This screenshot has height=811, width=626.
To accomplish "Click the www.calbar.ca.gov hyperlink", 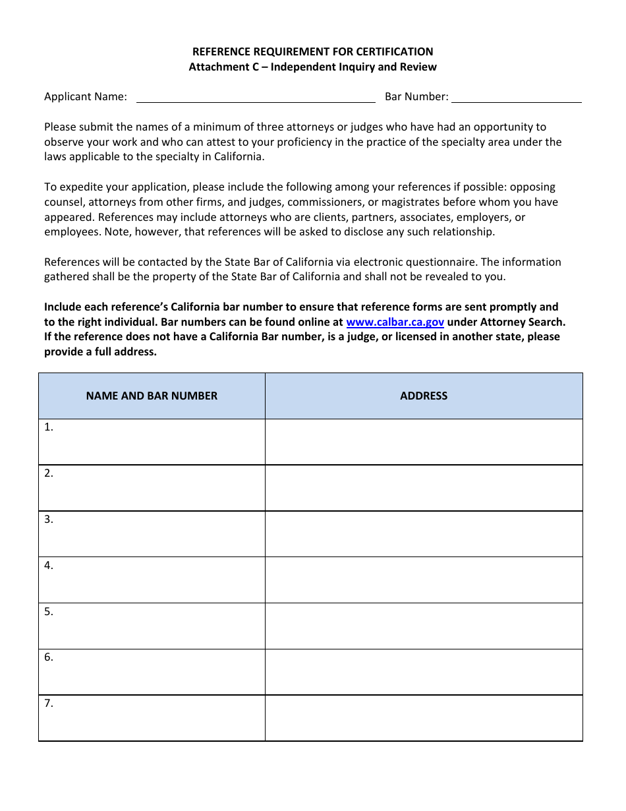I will tap(395, 322).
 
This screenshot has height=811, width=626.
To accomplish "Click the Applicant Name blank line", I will tap(255, 98).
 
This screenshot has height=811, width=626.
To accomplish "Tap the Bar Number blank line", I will tap(516, 98).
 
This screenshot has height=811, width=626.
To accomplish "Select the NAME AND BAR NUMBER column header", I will tap(152, 396).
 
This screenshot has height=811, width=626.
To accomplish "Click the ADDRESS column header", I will tap(424, 396).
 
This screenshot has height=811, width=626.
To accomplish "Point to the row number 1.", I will tap(49, 427).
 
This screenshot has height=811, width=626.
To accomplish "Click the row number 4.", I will tap(49, 566).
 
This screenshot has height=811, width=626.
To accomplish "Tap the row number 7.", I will tap(49, 704).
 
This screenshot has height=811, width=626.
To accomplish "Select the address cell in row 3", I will tap(424, 534).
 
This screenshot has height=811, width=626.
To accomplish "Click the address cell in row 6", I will tap(424, 672).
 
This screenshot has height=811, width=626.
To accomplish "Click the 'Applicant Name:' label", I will tap(86, 97).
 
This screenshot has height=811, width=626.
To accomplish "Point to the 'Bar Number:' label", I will tap(416, 97).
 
